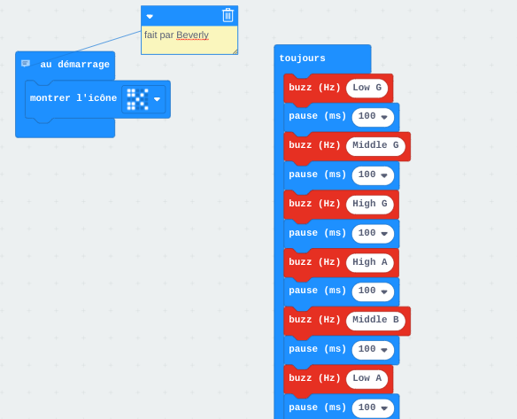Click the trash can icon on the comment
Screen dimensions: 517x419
tap(228, 15)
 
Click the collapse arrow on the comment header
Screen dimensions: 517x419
tap(150, 17)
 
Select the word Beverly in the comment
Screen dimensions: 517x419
tap(193, 35)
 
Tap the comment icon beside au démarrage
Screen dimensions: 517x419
tap(26, 63)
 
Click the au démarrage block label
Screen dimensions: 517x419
tap(75, 64)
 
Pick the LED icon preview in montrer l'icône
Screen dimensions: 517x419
tap(138, 99)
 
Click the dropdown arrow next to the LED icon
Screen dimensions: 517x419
tap(157, 99)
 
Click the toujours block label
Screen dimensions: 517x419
tap(303, 58)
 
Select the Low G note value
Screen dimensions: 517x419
tap(367, 88)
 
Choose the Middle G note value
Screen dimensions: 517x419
tap(375, 145)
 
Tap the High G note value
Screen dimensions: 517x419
tap(370, 204)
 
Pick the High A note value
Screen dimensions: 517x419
tap(370, 262)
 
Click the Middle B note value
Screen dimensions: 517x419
tap(375, 320)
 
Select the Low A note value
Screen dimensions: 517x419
tap(367, 378)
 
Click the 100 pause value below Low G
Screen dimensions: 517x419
tap(367, 116)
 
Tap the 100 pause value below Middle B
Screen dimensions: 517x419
tap(367, 349)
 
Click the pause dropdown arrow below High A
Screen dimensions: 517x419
tap(384, 291)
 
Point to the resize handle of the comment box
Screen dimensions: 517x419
tap(235, 51)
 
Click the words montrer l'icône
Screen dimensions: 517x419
tap(73, 98)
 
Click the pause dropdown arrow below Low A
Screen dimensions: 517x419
tap(384, 408)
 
